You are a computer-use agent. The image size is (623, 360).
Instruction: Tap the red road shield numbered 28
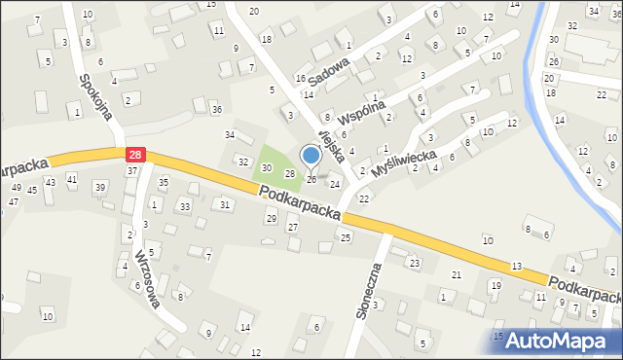click(x=135, y=154)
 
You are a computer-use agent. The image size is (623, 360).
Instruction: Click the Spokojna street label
click(x=96, y=96)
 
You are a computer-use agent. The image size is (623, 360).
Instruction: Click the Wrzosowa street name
click(x=148, y=277)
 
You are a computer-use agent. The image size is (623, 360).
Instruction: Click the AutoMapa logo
click(x=557, y=342)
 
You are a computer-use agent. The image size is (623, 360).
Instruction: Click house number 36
click(x=217, y=109)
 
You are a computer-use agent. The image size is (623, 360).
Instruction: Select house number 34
click(x=230, y=135)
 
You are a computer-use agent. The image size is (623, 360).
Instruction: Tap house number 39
click(x=99, y=187)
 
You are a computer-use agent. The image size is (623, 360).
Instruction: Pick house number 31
click(x=225, y=204)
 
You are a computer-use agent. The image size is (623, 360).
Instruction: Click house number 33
click(x=184, y=207)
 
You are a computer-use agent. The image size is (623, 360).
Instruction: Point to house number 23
click(x=414, y=263)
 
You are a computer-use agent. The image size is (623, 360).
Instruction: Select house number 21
click(x=456, y=275)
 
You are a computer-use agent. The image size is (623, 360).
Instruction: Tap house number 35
click(x=164, y=182)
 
